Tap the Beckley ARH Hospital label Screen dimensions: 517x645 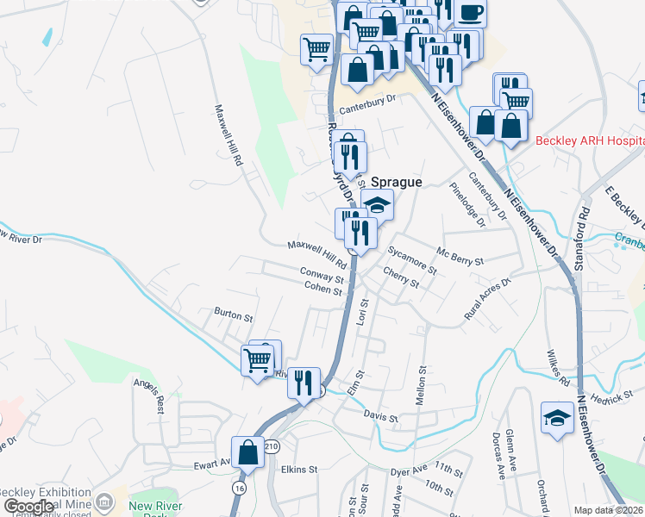pos(590,141)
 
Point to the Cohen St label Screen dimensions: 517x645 pos(323,291)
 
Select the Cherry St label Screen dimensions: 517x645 pos(401,282)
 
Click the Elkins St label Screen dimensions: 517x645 pos(299,470)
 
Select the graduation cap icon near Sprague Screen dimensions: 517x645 pos(377,205)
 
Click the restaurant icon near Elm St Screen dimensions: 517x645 pos(304,382)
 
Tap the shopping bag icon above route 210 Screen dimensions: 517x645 pos(247,451)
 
